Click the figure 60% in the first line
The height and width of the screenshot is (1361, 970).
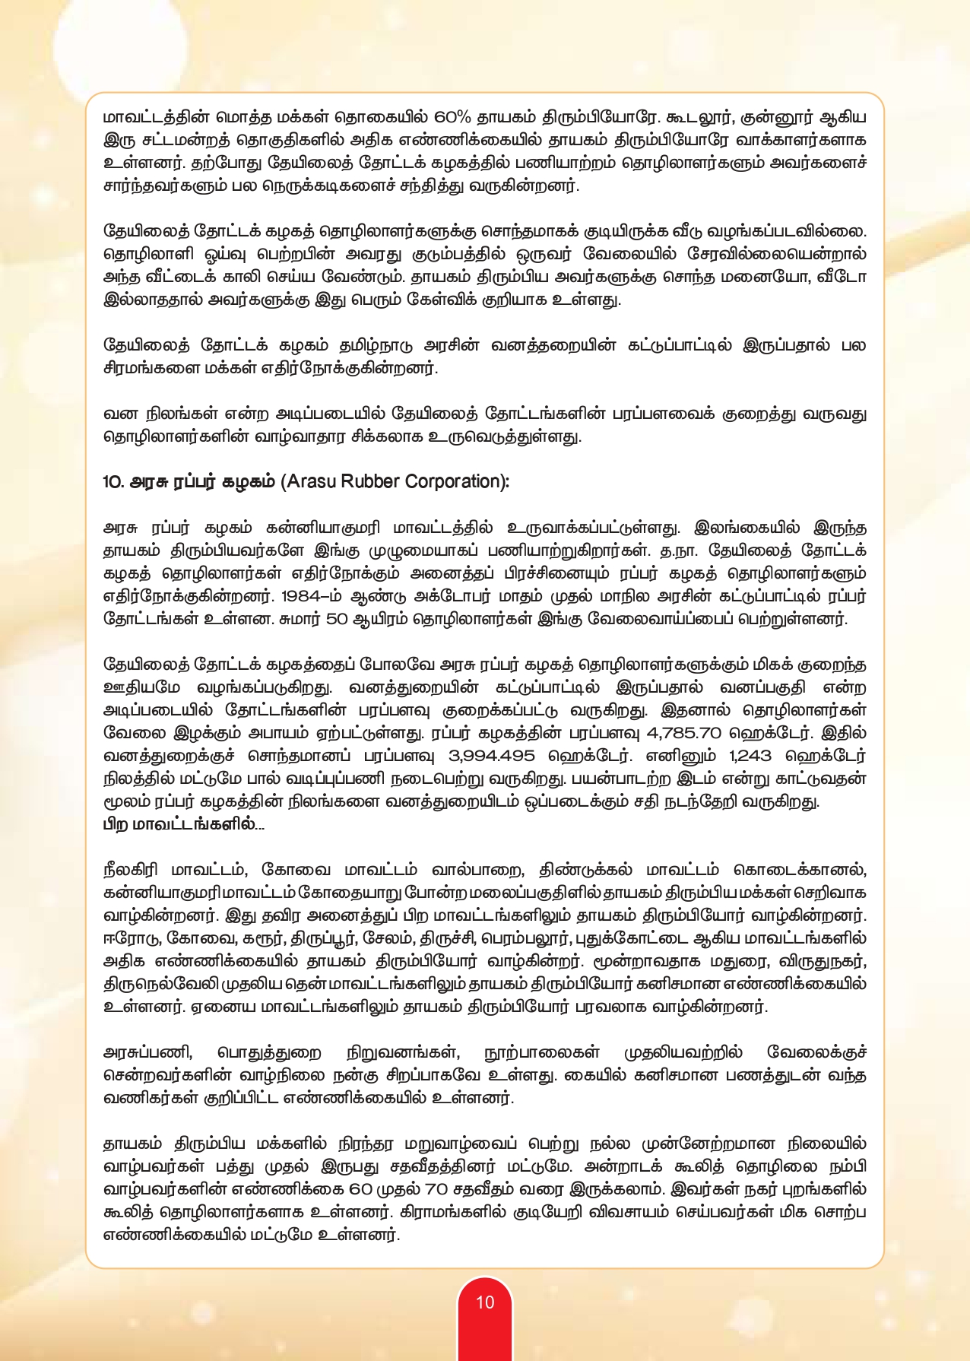click(453, 118)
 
